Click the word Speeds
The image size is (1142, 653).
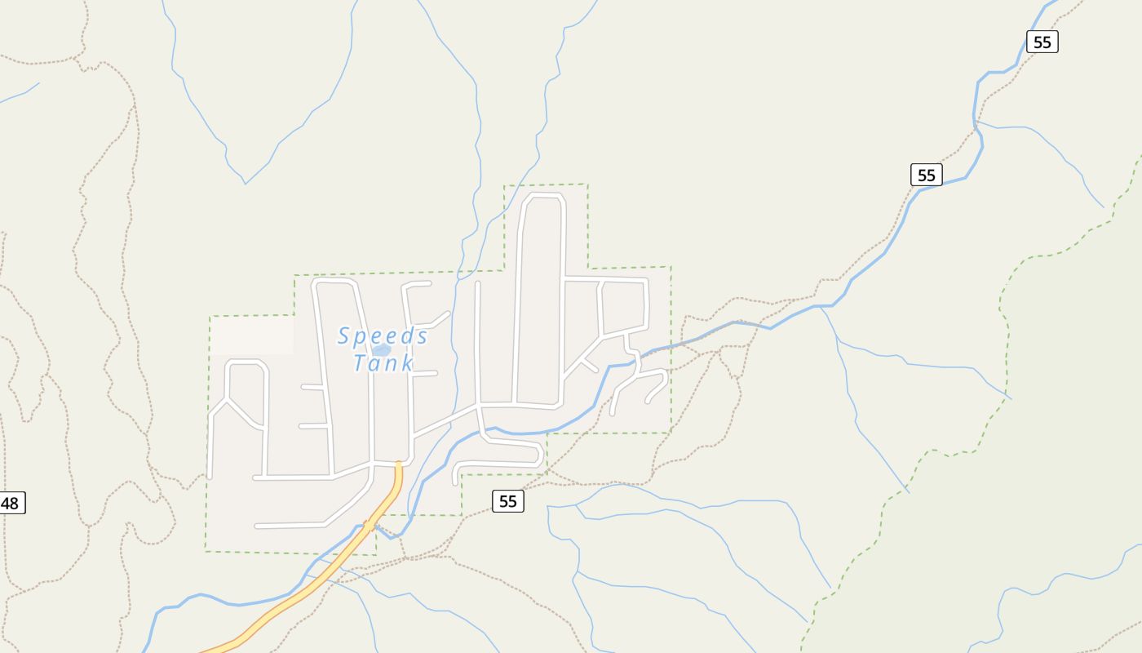tap(383, 335)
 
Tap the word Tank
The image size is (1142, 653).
tap(383, 362)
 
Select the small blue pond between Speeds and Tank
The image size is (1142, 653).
tap(381, 350)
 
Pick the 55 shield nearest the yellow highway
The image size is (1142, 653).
tap(507, 501)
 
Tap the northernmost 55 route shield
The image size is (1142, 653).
tap(1042, 42)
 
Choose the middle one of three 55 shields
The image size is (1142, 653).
tap(926, 175)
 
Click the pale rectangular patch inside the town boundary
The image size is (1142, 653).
tap(252, 335)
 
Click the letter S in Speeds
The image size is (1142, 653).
tap(343, 335)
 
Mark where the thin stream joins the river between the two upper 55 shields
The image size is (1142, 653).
tap(976, 122)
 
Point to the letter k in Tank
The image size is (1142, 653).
tap(407, 362)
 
